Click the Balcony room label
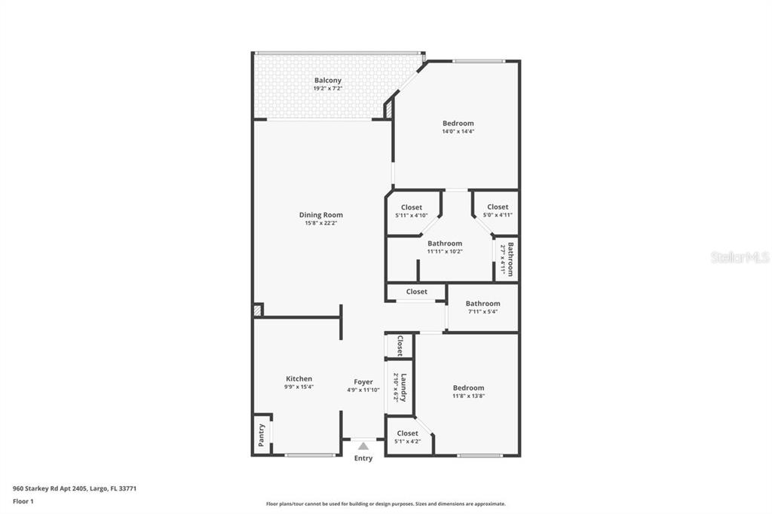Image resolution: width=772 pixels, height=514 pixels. click(x=327, y=81)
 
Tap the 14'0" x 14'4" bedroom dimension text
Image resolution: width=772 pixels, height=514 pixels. click(x=458, y=131)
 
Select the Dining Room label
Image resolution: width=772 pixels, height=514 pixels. click(x=320, y=215)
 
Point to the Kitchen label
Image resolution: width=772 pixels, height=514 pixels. click(x=299, y=379)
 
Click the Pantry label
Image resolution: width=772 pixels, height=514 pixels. click(x=262, y=436)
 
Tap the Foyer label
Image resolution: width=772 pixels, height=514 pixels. click(x=363, y=382)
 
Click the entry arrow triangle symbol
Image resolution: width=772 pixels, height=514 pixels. click(x=363, y=446)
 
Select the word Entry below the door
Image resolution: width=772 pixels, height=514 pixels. click(x=363, y=458)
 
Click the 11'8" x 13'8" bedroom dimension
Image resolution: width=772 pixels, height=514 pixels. click(x=468, y=396)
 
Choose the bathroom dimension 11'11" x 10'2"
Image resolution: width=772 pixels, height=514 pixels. click(x=445, y=251)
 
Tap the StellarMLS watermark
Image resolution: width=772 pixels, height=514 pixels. click(x=740, y=257)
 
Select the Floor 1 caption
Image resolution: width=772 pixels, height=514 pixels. click(x=23, y=501)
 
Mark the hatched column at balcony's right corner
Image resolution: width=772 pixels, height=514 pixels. click(x=389, y=109)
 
